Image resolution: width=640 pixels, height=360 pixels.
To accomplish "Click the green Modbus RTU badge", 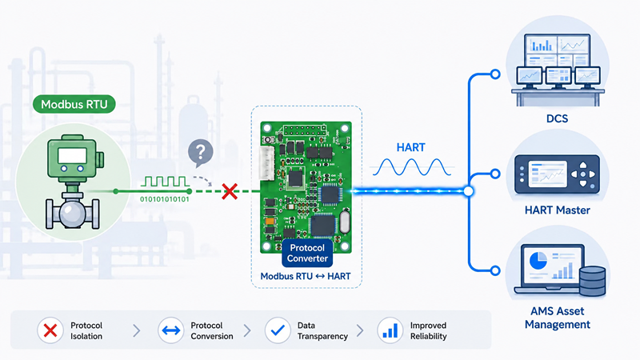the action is point(74,104).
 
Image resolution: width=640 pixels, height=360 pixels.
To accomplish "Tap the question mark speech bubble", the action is point(201,153).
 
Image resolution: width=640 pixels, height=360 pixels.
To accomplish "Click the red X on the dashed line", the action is point(230,191).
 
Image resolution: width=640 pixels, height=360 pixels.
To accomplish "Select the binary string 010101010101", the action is point(165,199).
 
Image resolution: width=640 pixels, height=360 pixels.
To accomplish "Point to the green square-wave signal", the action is point(165,182).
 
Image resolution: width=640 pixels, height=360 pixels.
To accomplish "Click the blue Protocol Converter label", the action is point(307,253).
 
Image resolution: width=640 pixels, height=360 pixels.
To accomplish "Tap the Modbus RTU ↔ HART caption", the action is point(306,276).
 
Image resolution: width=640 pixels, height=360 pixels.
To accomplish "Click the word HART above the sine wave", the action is point(410,147).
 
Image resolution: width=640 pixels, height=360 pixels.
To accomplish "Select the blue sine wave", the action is point(412,167).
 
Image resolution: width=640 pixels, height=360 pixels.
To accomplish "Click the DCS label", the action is point(557,118).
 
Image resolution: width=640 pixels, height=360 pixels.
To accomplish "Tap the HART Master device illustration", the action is point(557,174).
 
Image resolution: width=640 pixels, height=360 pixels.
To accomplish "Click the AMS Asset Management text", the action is point(557,318).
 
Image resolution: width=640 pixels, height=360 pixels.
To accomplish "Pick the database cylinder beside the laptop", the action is point(592,281).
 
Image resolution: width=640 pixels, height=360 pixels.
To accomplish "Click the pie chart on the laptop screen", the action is point(538,261).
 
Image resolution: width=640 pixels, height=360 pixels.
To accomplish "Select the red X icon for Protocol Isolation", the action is point(50,330).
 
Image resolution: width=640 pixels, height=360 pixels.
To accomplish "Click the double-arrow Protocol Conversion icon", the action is point(170,330).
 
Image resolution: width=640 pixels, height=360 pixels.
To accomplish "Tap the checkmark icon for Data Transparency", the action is point(278,330).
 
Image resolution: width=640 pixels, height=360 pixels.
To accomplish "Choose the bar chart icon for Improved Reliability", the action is point(390,330).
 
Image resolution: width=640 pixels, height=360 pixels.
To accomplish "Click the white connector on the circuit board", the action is point(266,162).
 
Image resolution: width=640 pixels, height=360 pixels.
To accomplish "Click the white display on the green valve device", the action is point(72,156).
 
